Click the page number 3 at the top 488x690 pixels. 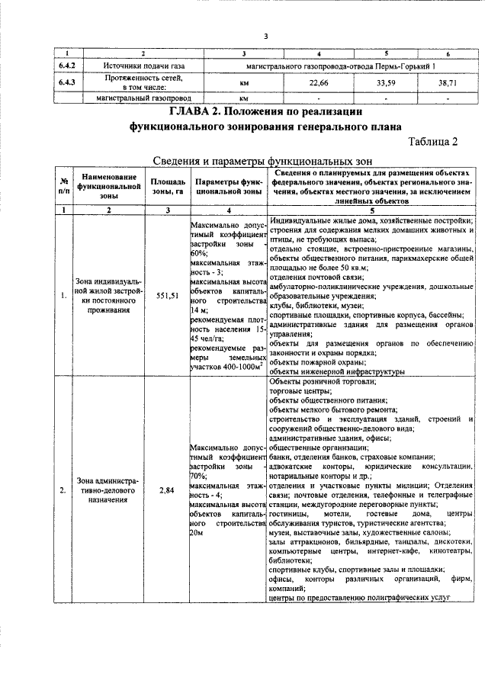tap(265, 36)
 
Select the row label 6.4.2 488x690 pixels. tap(68, 66)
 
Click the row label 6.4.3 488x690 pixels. tap(68, 82)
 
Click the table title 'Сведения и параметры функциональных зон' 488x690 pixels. tap(257, 161)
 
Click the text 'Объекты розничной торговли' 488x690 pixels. tap(323, 380)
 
